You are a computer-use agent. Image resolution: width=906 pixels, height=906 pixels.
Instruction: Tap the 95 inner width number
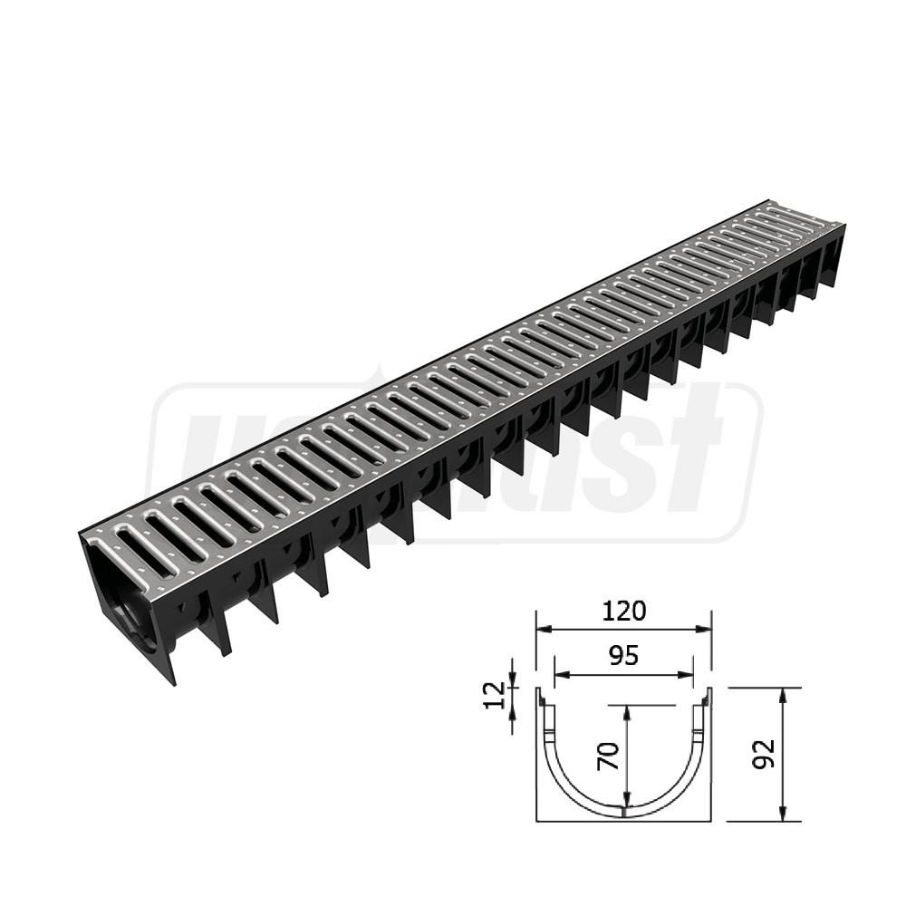pyautogui.click(x=623, y=656)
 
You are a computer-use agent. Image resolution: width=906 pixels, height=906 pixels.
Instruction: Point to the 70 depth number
pyautogui.click(x=609, y=754)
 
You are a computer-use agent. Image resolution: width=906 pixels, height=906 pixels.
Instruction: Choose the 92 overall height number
pyautogui.click(x=765, y=754)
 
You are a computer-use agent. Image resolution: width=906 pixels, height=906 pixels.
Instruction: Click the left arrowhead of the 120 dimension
pyautogui.click(x=541, y=629)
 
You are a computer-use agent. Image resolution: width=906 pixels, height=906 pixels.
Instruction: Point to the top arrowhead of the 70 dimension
pyautogui.click(x=624, y=709)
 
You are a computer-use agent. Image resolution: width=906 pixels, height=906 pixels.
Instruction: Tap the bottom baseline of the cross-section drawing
pyautogui.click(x=624, y=822)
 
